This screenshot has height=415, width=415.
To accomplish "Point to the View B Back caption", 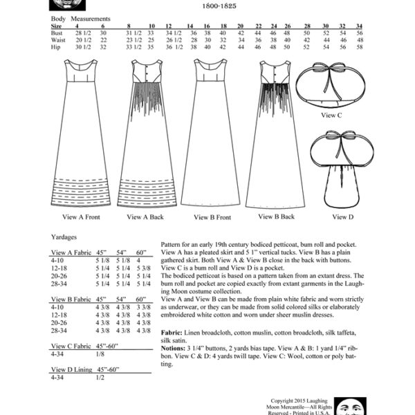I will (277, 216).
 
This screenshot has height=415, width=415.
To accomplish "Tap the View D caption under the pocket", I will (339, 216).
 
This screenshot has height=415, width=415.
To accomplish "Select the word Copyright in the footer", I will (284, 399).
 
